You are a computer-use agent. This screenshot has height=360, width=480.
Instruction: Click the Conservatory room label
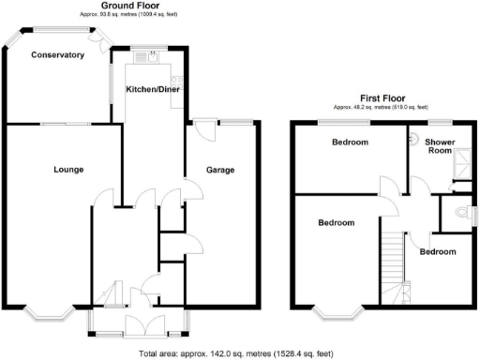[58, 55]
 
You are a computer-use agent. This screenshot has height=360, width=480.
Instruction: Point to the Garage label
[220, 170]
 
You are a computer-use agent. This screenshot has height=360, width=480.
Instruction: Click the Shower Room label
[440, 145]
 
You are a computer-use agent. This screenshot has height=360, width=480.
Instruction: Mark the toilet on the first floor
[459, 214]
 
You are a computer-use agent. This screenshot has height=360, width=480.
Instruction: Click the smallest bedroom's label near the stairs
[438, 252]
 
